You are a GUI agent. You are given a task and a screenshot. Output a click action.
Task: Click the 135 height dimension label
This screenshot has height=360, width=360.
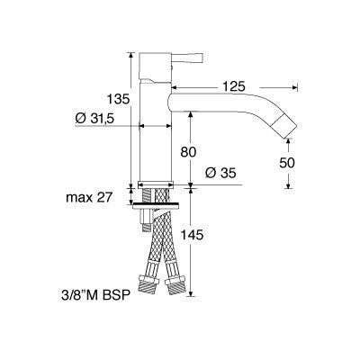click(119, 99)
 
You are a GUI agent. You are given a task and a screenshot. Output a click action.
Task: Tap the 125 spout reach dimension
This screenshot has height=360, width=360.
click(234, 86)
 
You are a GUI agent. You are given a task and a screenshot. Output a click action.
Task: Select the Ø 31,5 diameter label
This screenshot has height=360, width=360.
click(94, 119)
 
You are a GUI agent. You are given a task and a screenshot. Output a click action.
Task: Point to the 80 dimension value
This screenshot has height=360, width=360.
click(188, 152)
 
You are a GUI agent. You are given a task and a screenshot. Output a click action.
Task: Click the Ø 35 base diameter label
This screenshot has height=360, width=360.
click(220, 173)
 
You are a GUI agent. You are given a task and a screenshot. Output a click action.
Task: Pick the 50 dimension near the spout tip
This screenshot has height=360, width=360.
click(287, 163)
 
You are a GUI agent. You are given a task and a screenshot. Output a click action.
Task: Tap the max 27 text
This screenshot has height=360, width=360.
click(89, 198)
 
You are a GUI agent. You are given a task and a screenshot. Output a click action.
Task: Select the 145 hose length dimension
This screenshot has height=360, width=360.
click(192, 235)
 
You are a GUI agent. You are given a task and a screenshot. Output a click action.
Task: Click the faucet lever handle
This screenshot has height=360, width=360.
click(187, 58)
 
